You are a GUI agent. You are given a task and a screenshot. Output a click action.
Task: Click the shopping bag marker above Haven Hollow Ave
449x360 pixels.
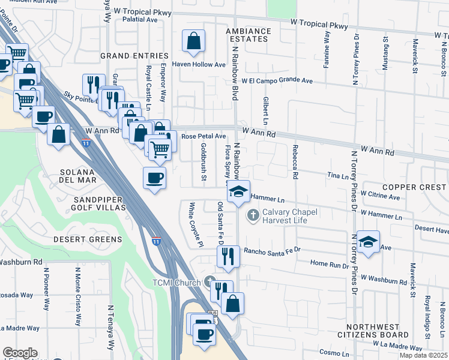point(193,42)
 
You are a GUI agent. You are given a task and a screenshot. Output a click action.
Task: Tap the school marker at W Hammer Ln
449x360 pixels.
point(238,192)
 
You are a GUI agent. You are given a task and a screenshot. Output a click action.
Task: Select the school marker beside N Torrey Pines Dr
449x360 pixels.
point(368,242)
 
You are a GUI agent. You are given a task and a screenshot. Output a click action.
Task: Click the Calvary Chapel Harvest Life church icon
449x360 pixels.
point(253,214)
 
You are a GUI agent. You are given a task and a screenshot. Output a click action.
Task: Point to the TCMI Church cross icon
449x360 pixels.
point(209,281)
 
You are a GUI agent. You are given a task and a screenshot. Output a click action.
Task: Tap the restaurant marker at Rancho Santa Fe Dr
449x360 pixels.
point(228,257)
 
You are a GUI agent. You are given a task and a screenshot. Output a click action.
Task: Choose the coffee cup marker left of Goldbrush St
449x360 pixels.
point(155,178)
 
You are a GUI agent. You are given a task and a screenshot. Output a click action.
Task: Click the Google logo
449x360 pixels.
point(20,353)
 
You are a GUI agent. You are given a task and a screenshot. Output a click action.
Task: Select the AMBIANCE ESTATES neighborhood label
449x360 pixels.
point(248,35)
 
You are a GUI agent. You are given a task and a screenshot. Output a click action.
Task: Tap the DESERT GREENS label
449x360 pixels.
point(88,239)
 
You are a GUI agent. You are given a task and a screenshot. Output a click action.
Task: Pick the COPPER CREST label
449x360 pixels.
point(414,187)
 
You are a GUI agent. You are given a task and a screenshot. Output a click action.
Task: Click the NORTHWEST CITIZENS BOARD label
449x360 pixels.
point(381,331)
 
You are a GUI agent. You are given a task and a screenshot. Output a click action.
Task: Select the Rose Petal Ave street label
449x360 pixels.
point(203,137)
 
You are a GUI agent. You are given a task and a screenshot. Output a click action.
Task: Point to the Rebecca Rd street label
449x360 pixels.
point(295,162)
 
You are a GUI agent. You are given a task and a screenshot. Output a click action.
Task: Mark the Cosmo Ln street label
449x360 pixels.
point(333,352)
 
